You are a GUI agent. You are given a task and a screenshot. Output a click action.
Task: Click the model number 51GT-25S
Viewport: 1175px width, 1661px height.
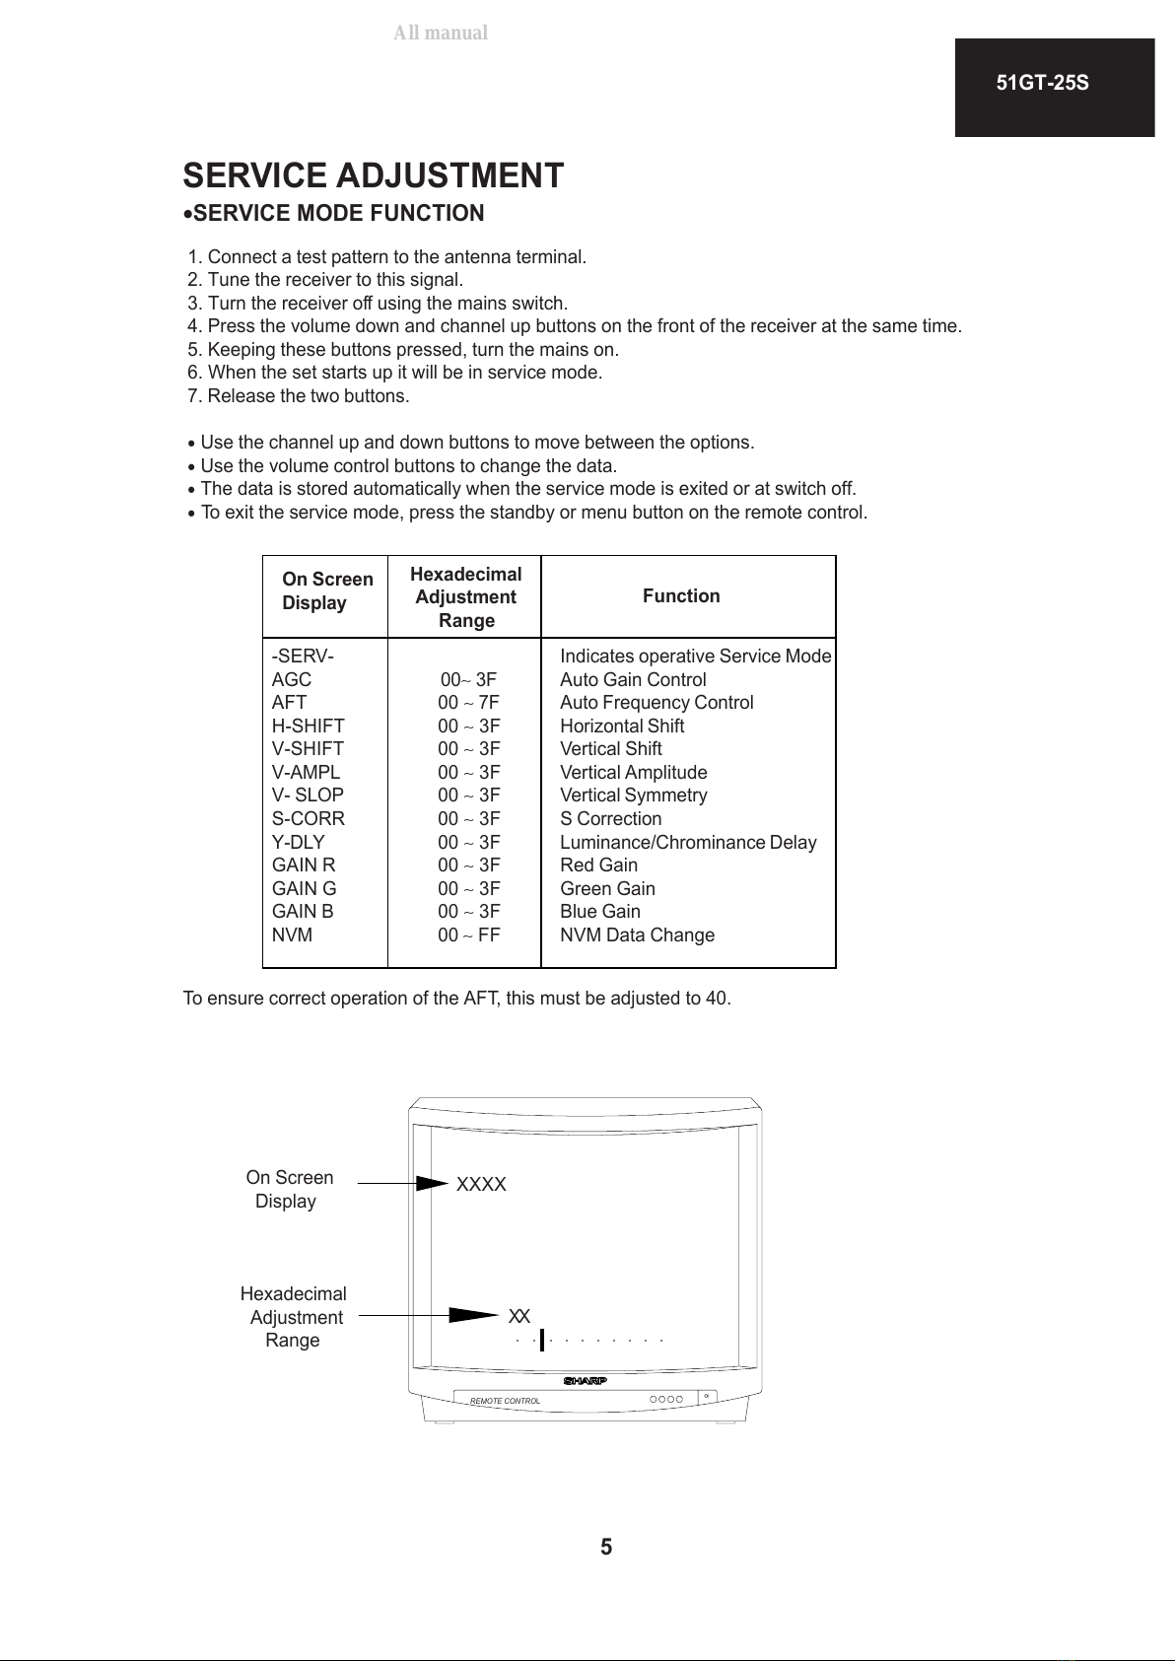(x=1042, y=84)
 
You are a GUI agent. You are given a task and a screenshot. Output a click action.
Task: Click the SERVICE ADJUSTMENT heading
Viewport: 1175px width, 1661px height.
(x=374, y=175)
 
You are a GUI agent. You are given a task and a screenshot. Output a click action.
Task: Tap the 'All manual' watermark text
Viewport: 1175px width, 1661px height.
(x=441, y=33)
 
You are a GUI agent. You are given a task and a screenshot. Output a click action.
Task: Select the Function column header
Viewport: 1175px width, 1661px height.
(x=681, y=595)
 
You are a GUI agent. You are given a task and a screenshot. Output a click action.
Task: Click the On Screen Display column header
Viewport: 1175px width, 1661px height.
(x=327, y=590)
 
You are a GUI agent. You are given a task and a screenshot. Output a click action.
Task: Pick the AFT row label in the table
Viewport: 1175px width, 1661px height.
(x=289, y=703)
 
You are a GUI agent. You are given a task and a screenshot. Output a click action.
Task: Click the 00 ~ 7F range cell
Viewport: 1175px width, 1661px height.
(x=468, y=703)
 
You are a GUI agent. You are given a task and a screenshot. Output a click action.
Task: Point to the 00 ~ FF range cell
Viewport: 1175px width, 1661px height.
(x=468, y=935)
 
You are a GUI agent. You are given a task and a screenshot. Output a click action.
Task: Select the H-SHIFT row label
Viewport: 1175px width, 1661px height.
(x=308, y=727)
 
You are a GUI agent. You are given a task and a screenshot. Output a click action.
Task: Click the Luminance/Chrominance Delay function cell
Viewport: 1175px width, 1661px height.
(x=688, y=843)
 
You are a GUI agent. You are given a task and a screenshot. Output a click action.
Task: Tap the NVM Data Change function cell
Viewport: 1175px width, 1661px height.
(x=637, y=935)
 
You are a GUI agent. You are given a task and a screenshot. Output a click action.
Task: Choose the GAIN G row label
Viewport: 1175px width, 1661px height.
(x=304, y=889)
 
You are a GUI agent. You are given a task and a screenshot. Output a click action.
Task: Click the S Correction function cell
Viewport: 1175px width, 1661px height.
(x=610, y=819)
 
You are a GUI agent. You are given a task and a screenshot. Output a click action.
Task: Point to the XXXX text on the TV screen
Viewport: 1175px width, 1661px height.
(x=481, y=1185)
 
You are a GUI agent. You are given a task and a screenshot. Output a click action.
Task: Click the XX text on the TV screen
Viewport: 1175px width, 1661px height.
(x=519, y=1317)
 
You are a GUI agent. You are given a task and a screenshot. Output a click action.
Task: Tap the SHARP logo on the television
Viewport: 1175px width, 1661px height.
(x=585, y=1380)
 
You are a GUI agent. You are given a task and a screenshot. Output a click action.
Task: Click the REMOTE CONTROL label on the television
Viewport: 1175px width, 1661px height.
(x=505, y=1401)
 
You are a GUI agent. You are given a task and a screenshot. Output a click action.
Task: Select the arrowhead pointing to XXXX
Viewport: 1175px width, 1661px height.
(x=433, y=1183)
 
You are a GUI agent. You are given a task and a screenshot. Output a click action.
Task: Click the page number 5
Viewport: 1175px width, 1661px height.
(x=606, y=1547)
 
